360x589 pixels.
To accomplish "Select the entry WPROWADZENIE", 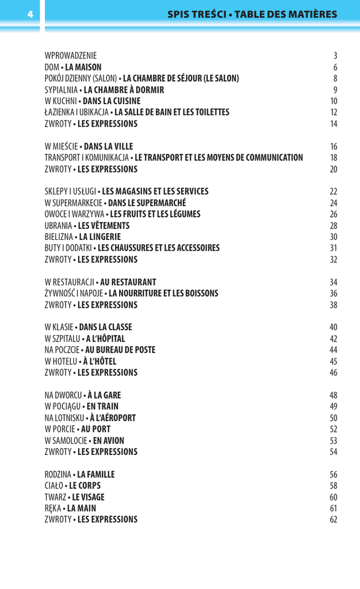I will (x=71, y=56).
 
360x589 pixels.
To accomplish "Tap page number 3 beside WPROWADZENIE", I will (x=335, y=56).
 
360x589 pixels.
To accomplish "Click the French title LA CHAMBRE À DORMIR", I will (x=124, y=90).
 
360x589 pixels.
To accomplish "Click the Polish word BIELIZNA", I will (x=59, y=236).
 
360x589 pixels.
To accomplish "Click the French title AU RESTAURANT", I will (x=128, y=282).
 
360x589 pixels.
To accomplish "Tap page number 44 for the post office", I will (x=334, y=350).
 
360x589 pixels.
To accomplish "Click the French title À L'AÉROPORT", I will (x=113, y=418).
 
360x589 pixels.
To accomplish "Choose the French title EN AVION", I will (x=108, y=441).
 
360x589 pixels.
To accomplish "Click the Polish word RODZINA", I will (x=58, y=475).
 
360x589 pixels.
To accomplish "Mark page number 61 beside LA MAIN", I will (x=334, y=508).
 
